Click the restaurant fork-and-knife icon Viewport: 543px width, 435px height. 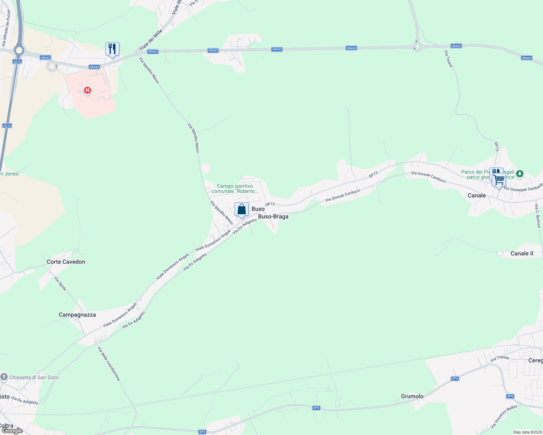(x=112, y=49)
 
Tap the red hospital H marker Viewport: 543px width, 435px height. (x=87, y=90)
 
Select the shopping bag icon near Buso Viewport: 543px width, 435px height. (x=241, y=209)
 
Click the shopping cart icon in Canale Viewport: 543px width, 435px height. (x=499, y=179)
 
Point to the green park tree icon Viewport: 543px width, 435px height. (x=520, y=174)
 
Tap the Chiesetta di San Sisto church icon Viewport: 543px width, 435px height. (x=4, y=377)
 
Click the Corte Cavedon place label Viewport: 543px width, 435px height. (x=66, y=262)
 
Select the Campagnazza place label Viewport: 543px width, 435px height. (x=77, y=315)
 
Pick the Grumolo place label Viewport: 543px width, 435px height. (x=412, y=396)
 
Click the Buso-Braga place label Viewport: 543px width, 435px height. (x=273, y=216)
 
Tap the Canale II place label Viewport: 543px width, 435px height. (x=522, y=253)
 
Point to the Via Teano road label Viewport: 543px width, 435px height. (x=449, y=59)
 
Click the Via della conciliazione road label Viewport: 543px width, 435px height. (x=109, y=363)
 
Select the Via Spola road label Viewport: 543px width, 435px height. (x=60, y=283)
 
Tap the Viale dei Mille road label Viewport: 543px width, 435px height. (x=151, y=40)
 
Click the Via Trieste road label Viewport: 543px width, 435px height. (x=500, y=358)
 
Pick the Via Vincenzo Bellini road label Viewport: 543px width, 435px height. (x=504, y=416)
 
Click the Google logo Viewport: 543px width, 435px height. (x=12, y=431)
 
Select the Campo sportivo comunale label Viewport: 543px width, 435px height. (x=235, y=188)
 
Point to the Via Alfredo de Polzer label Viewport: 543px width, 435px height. (x=6, y=28)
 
